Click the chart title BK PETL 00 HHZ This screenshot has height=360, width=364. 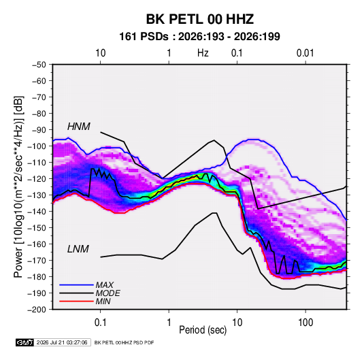tap(199, 19)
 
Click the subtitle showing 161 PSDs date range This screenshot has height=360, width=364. tap(199, 37)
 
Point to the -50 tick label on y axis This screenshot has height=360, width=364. tap(39, 65)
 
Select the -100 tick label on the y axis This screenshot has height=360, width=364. tap(37, 146)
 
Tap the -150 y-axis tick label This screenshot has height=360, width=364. tap(37, 228)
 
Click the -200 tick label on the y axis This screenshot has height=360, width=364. tap(37, 310)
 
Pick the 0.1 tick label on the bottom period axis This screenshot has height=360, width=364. tap(100, 323)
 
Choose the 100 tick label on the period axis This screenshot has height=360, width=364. tap(305, 323)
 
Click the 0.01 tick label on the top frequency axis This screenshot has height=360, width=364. tap(305, 53)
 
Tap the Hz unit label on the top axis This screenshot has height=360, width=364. tap(203, 53)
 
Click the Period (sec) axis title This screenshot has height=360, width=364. tap(203, 330)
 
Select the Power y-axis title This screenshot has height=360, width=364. tap(18, 187)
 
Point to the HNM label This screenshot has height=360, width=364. tap(79, 127)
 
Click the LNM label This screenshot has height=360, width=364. tap(78, 249)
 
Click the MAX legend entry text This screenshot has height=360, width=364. tap(105, 285)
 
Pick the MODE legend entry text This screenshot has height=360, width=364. tap(107, 293)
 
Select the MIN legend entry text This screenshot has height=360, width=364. tap(103, 301)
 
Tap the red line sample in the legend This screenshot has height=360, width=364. tap(76, 301)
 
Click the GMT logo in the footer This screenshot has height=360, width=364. tap(25, 342)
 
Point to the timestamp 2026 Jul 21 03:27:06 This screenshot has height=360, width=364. tap(62, 342)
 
